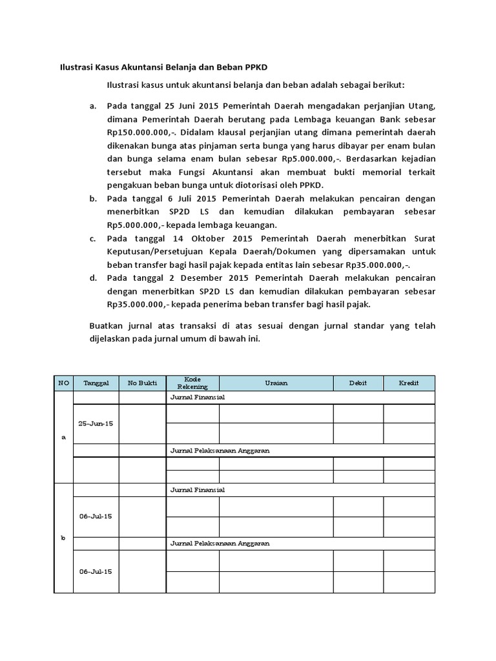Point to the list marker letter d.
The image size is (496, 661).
coord(92,278)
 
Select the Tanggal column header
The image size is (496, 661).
coord(96,383)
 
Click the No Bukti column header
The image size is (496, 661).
coord(142,383)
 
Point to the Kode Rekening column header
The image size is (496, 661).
coord(192,383)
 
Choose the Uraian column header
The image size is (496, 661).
coord(276,383)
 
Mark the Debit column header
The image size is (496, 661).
coord(358,383)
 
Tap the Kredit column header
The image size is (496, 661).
coord(409,383)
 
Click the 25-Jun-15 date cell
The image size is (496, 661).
coord(96,424)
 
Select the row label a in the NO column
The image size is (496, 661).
coord(63,437)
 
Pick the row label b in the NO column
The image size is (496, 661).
coord(63,538)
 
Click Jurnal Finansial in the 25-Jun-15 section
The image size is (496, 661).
coord(197,398)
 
